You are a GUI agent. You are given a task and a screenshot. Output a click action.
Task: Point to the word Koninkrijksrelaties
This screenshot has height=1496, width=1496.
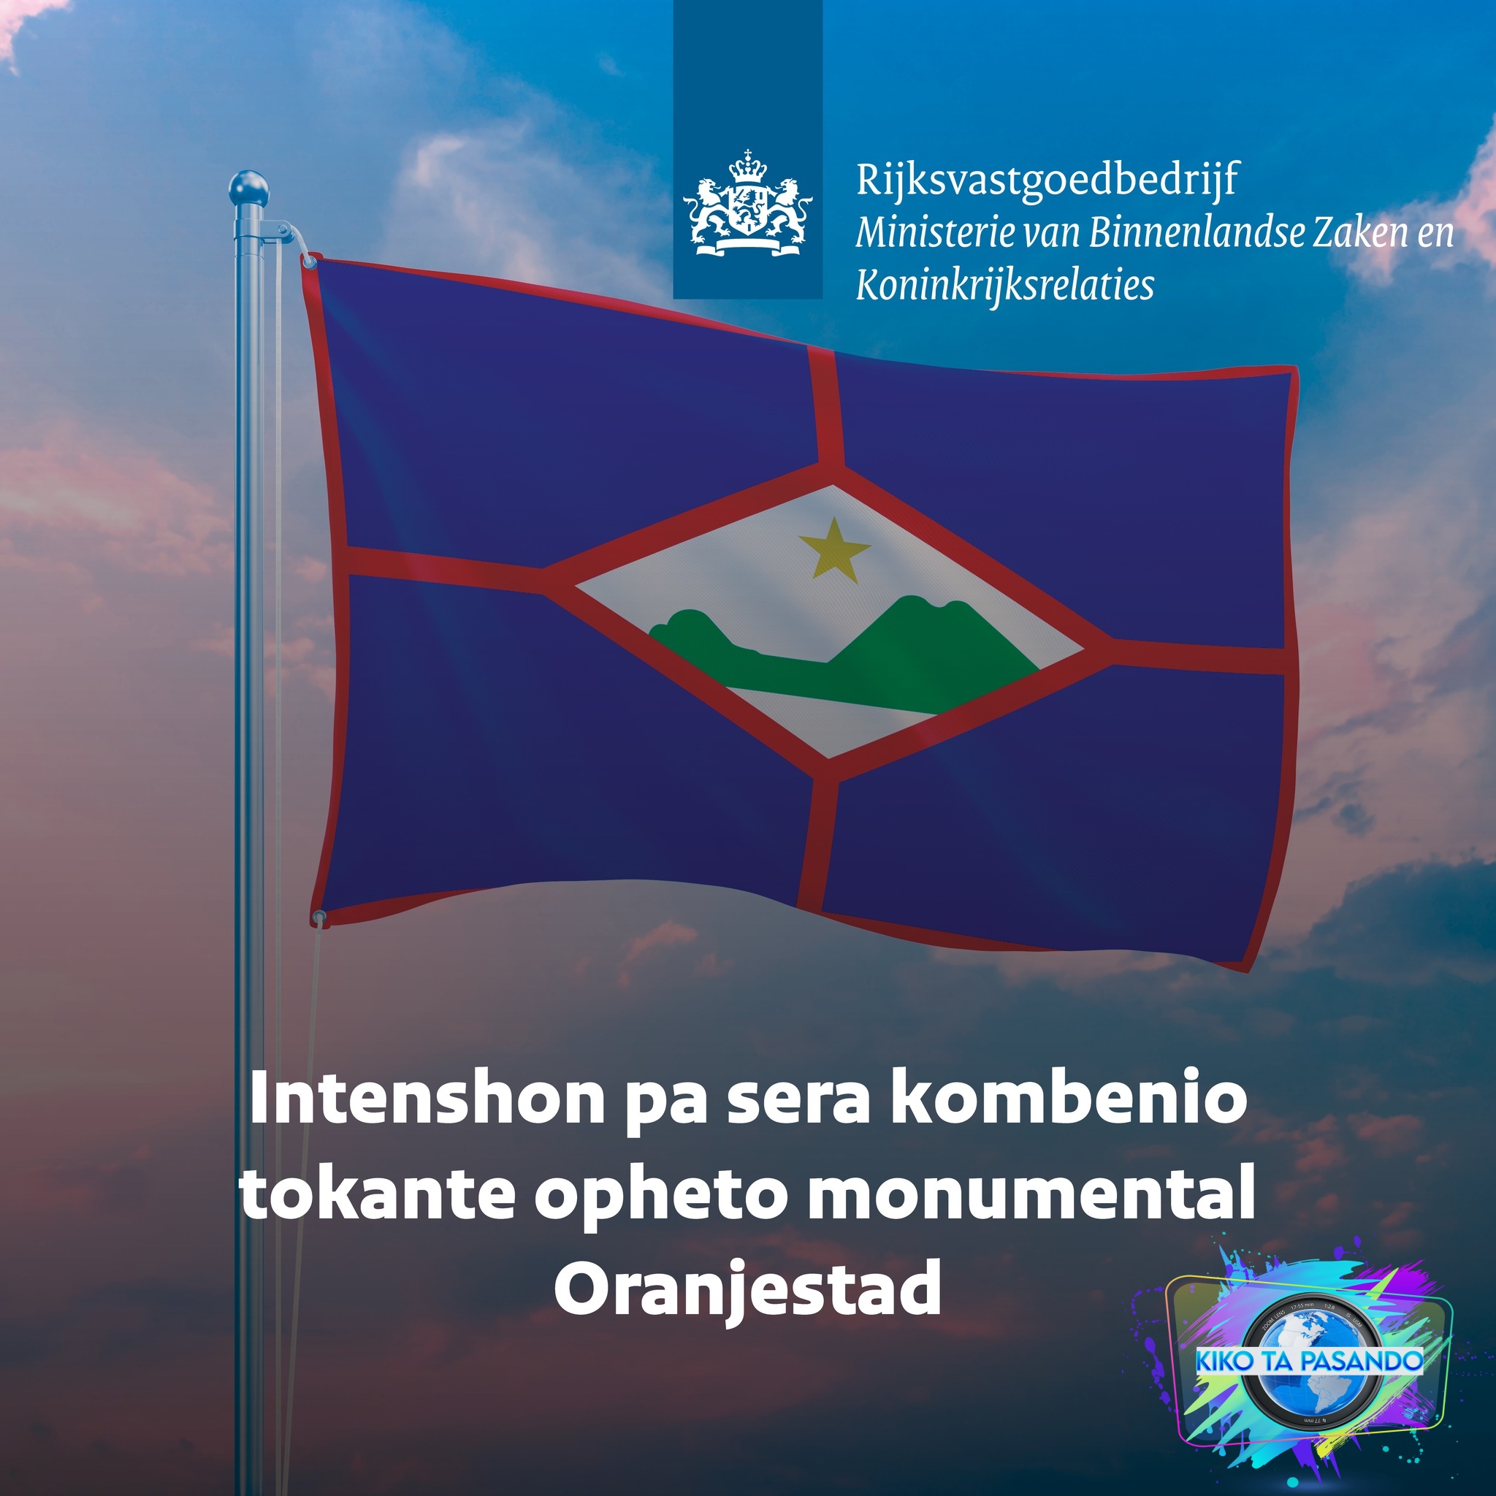point(1004,286)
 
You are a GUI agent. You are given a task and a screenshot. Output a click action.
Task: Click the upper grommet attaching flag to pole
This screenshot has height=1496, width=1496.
point(310,262)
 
